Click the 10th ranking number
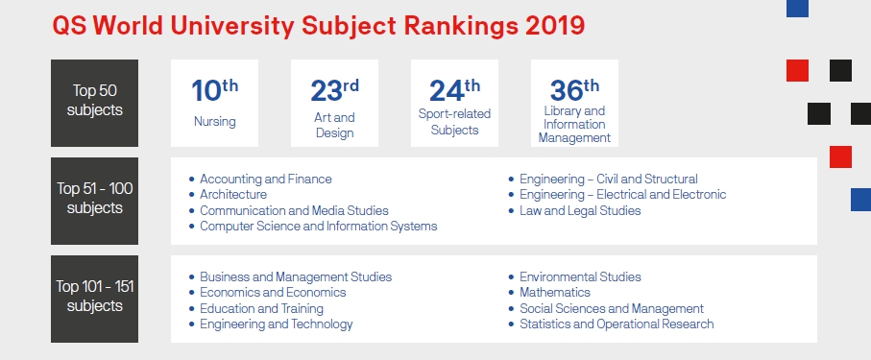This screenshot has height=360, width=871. click(x=214, y=90)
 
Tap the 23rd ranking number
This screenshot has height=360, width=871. click(x=334, y=90)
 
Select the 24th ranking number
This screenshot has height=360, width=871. click(x=454, y=90)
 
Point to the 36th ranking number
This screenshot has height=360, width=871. click(x=574, y=90)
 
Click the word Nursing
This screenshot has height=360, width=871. click(x=214, y=122)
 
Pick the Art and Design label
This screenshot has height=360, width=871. click(x=334, y=125)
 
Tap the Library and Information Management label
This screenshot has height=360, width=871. click(x=574, y=124)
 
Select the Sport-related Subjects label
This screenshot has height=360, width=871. click(x=454, y=122)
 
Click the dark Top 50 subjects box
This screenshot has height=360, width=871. click(x=94, y=103)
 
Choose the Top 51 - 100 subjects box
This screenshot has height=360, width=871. click(x=94, y=201)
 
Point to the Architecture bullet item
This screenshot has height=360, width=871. click(x=233, y=195)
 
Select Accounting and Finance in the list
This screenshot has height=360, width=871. click(x=265, y=179)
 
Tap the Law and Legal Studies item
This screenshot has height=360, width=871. click(x=580, y=210)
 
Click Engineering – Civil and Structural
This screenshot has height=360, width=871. click(x=608, y=179)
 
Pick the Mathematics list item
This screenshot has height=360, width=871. click(x=555, y=293)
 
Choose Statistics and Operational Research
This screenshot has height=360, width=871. click(x=617, y=324)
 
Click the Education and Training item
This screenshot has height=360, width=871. click(x=261, y=309)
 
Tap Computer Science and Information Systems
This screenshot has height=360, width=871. click(x=318, y=227)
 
